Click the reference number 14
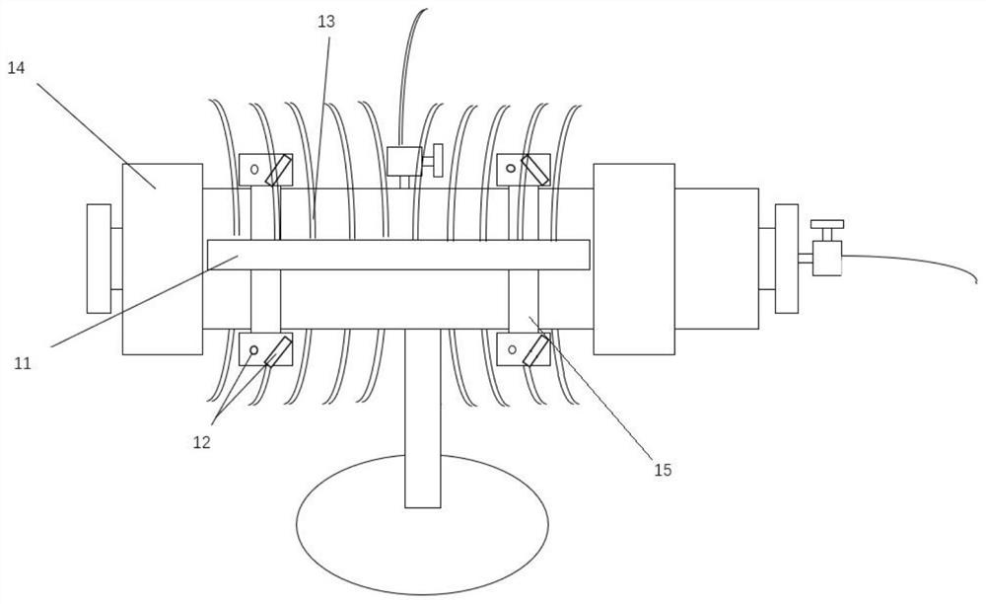click(16, 67)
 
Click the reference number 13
click(325, 20)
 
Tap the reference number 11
click(23, 363)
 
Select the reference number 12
click(201, 442)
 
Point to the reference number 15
click(663, 470)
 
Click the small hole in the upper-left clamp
click(253, 169)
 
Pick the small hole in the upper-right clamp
click(510, 169)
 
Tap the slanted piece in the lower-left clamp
click(277, 350)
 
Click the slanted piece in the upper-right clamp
click(535, 170)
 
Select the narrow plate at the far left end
click(99, 258)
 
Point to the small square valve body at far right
click(826, 260)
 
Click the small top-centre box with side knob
click(404, 161)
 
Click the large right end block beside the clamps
click(633, 259)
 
